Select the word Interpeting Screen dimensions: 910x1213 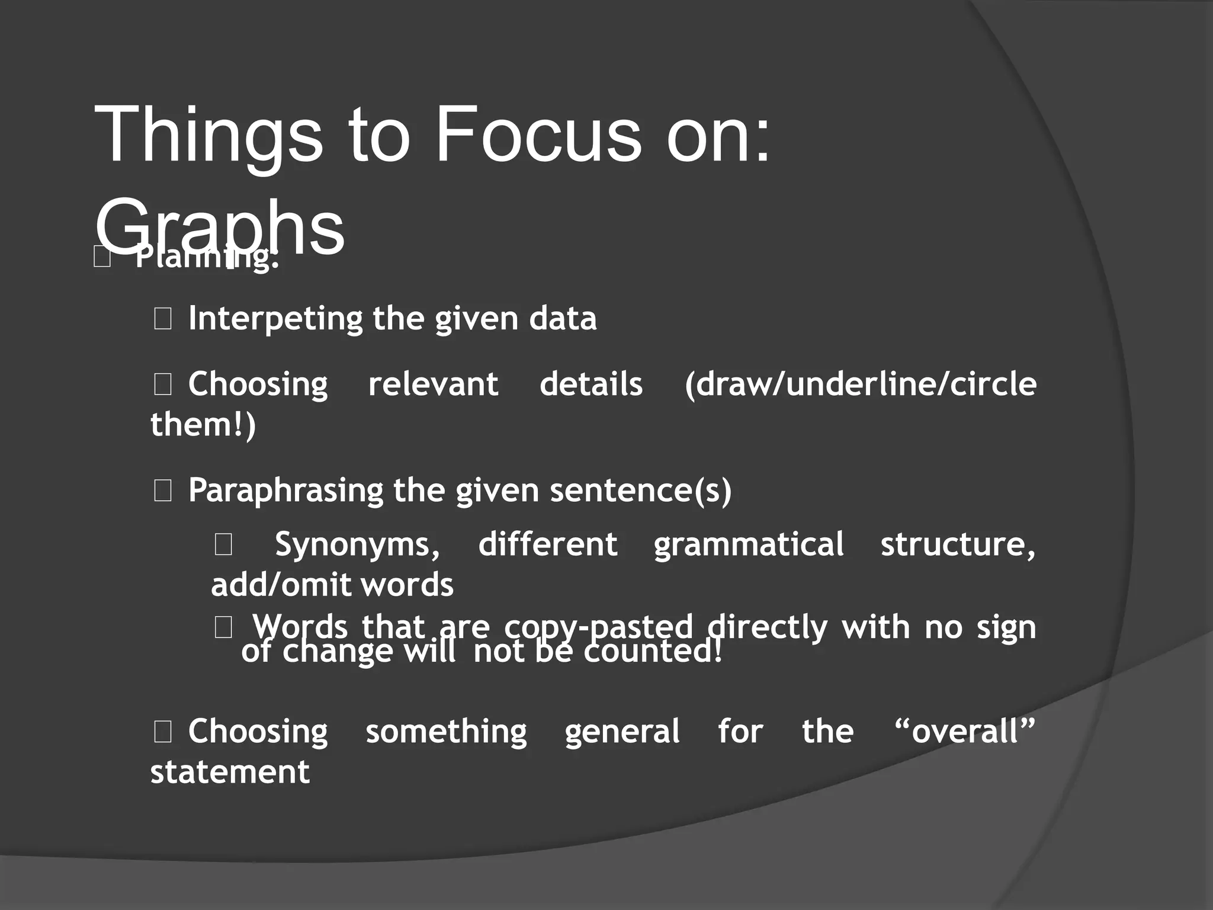click(x=275, y=319)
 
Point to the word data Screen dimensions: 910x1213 click(x=563, y=319)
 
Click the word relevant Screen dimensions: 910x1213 click(x=433, y=384)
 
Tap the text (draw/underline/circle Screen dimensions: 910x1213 click(x=860, y=384)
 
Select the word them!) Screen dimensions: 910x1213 click(x=203, y=424)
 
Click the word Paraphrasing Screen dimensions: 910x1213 click(x=286, y=491)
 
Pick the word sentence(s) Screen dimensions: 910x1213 click(x=641, y=491)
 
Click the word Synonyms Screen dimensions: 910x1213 click(x=357, y=544)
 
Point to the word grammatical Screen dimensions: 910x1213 click(x=749, y=545)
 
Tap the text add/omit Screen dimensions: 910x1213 click(x=281, y=585)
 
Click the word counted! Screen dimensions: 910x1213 click(x=653, y=652)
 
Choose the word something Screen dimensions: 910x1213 click(x=446, y=732)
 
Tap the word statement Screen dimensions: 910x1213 click(x=230, y=771)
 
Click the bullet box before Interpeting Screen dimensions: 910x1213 click(x=163, y=319)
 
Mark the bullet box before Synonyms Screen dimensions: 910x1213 click(x=223, y=544)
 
